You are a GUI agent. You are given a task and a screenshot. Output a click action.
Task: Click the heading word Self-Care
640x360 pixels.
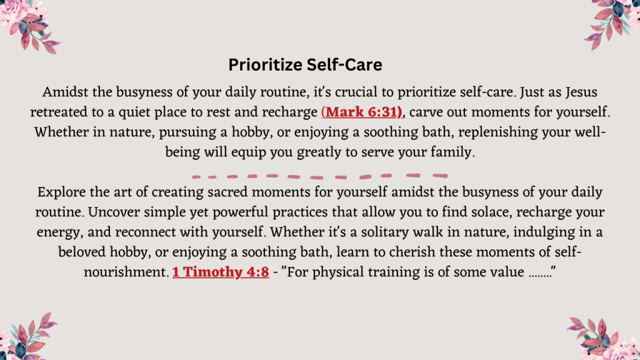344,65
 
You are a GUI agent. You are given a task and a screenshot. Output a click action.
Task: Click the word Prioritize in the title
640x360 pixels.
265,65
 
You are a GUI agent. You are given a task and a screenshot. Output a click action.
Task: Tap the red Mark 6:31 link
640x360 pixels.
362,112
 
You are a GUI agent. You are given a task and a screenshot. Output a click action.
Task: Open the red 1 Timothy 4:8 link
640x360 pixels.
221,272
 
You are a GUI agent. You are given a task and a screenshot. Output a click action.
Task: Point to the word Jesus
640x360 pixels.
581,92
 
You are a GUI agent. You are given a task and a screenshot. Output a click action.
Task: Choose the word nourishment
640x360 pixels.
126,272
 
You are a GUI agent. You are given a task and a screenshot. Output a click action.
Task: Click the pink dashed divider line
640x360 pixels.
320,176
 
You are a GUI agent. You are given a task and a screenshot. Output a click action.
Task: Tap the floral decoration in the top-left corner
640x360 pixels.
29,25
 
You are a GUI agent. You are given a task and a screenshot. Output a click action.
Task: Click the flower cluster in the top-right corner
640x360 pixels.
613,23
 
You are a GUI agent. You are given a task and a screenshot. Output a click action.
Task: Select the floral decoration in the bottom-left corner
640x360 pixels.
27,337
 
